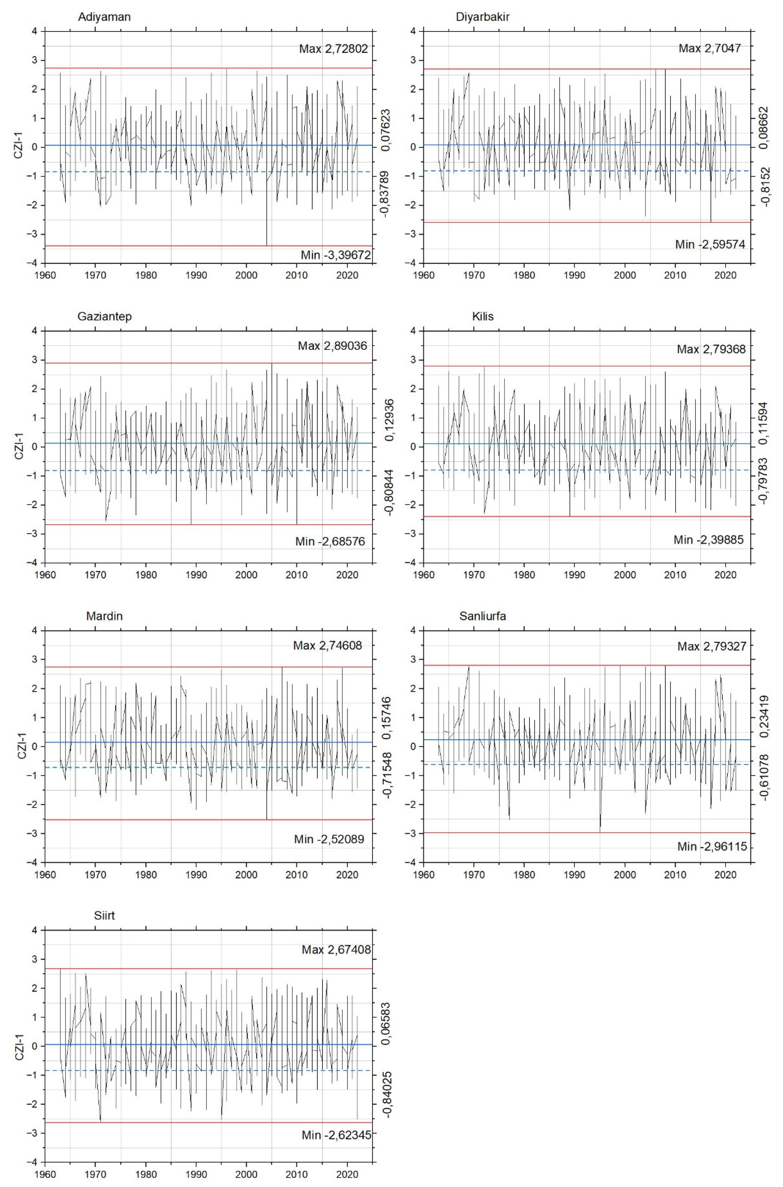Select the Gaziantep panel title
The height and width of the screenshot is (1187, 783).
pos(104,316)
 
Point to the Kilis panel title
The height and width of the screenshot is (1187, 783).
pos(482,316)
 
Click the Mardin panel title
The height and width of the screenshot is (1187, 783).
pos(104,616)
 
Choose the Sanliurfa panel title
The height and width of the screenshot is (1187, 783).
pos(482,616)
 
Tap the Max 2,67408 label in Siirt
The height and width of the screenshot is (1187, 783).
pos(336,950)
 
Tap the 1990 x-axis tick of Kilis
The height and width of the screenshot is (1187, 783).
pos(574,575)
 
